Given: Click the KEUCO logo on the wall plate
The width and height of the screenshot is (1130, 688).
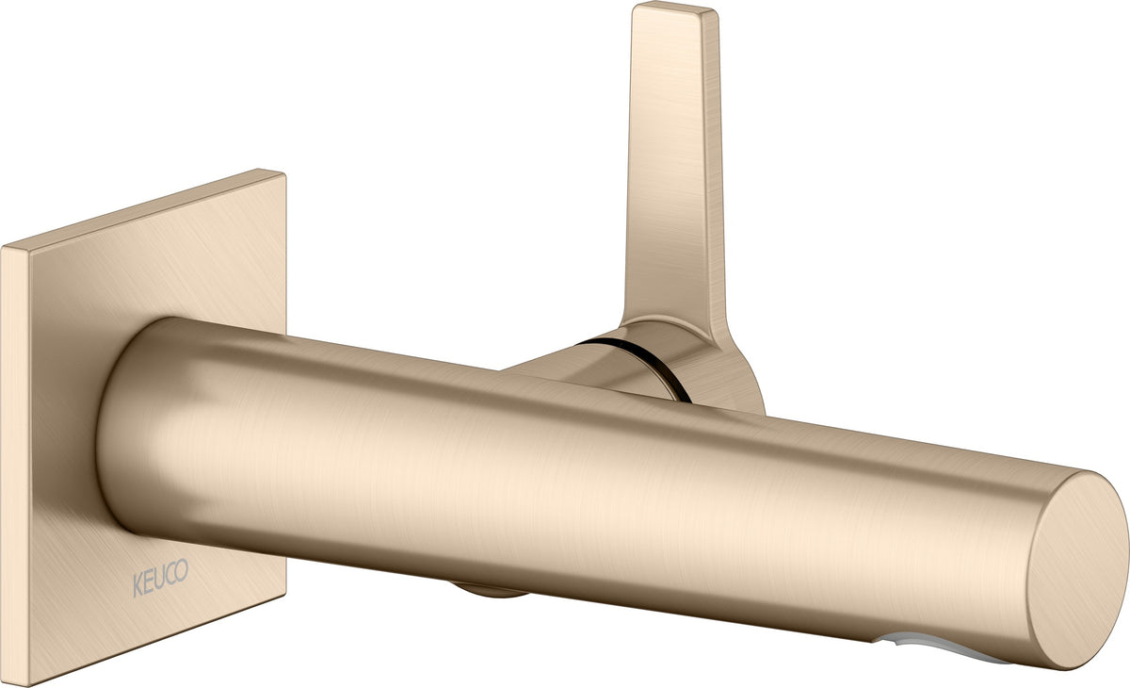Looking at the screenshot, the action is coord(160,578).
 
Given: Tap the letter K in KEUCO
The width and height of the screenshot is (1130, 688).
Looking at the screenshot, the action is coord(137,585).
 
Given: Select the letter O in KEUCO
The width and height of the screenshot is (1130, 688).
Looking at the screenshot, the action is coord(182,570).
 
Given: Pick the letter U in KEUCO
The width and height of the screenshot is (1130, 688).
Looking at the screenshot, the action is coord(159,579).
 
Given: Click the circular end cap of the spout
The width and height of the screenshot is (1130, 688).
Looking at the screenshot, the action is coord(1077,569).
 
